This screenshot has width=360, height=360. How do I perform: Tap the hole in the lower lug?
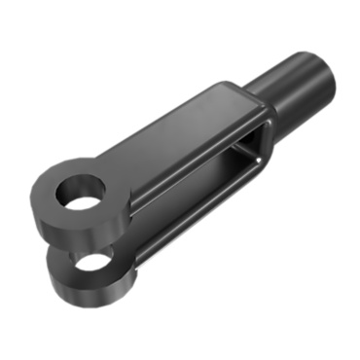93,262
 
